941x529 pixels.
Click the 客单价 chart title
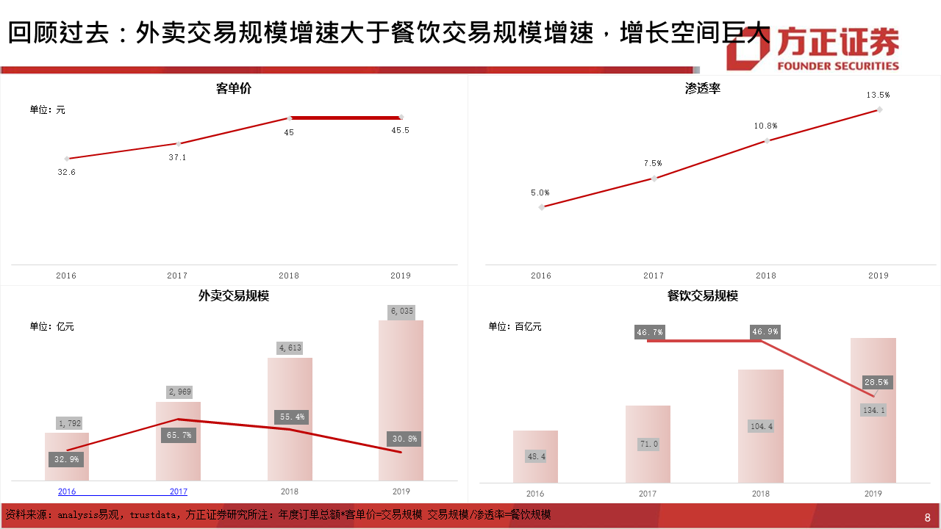(234, 89)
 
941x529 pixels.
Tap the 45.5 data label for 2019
(401, 131)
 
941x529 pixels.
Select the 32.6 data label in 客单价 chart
(67, 172)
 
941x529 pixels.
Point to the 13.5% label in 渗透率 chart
(878, 95)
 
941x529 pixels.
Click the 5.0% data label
(540, 192)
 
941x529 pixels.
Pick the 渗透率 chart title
(702, 89)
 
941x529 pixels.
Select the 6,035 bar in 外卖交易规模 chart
(401, 400)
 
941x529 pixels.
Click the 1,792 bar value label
(70, 423)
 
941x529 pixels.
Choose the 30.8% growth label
(404, 439)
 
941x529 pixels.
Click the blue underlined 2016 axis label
(67, 492)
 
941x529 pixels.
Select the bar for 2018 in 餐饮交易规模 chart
(760, 426)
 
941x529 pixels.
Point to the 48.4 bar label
(536, 456)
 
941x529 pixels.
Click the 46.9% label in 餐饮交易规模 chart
(765, 332)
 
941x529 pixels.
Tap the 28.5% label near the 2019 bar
(876, 382)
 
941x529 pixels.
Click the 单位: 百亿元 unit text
(515, 326)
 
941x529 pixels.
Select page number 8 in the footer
(927, 517)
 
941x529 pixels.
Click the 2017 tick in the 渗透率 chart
(653, 276)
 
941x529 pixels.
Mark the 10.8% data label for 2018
(765, 126)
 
